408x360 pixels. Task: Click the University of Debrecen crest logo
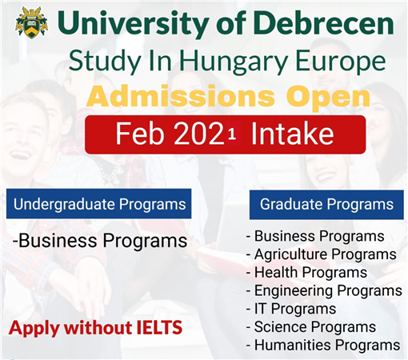32,23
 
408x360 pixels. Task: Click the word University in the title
133,24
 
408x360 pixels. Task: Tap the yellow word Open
328,98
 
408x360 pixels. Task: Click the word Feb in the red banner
139,134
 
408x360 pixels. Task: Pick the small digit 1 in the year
232,134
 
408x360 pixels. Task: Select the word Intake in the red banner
292,133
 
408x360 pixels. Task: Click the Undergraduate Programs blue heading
99,204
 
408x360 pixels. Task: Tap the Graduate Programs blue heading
326,205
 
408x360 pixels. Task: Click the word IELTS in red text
159,327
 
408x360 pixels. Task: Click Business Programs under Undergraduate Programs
100,241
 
